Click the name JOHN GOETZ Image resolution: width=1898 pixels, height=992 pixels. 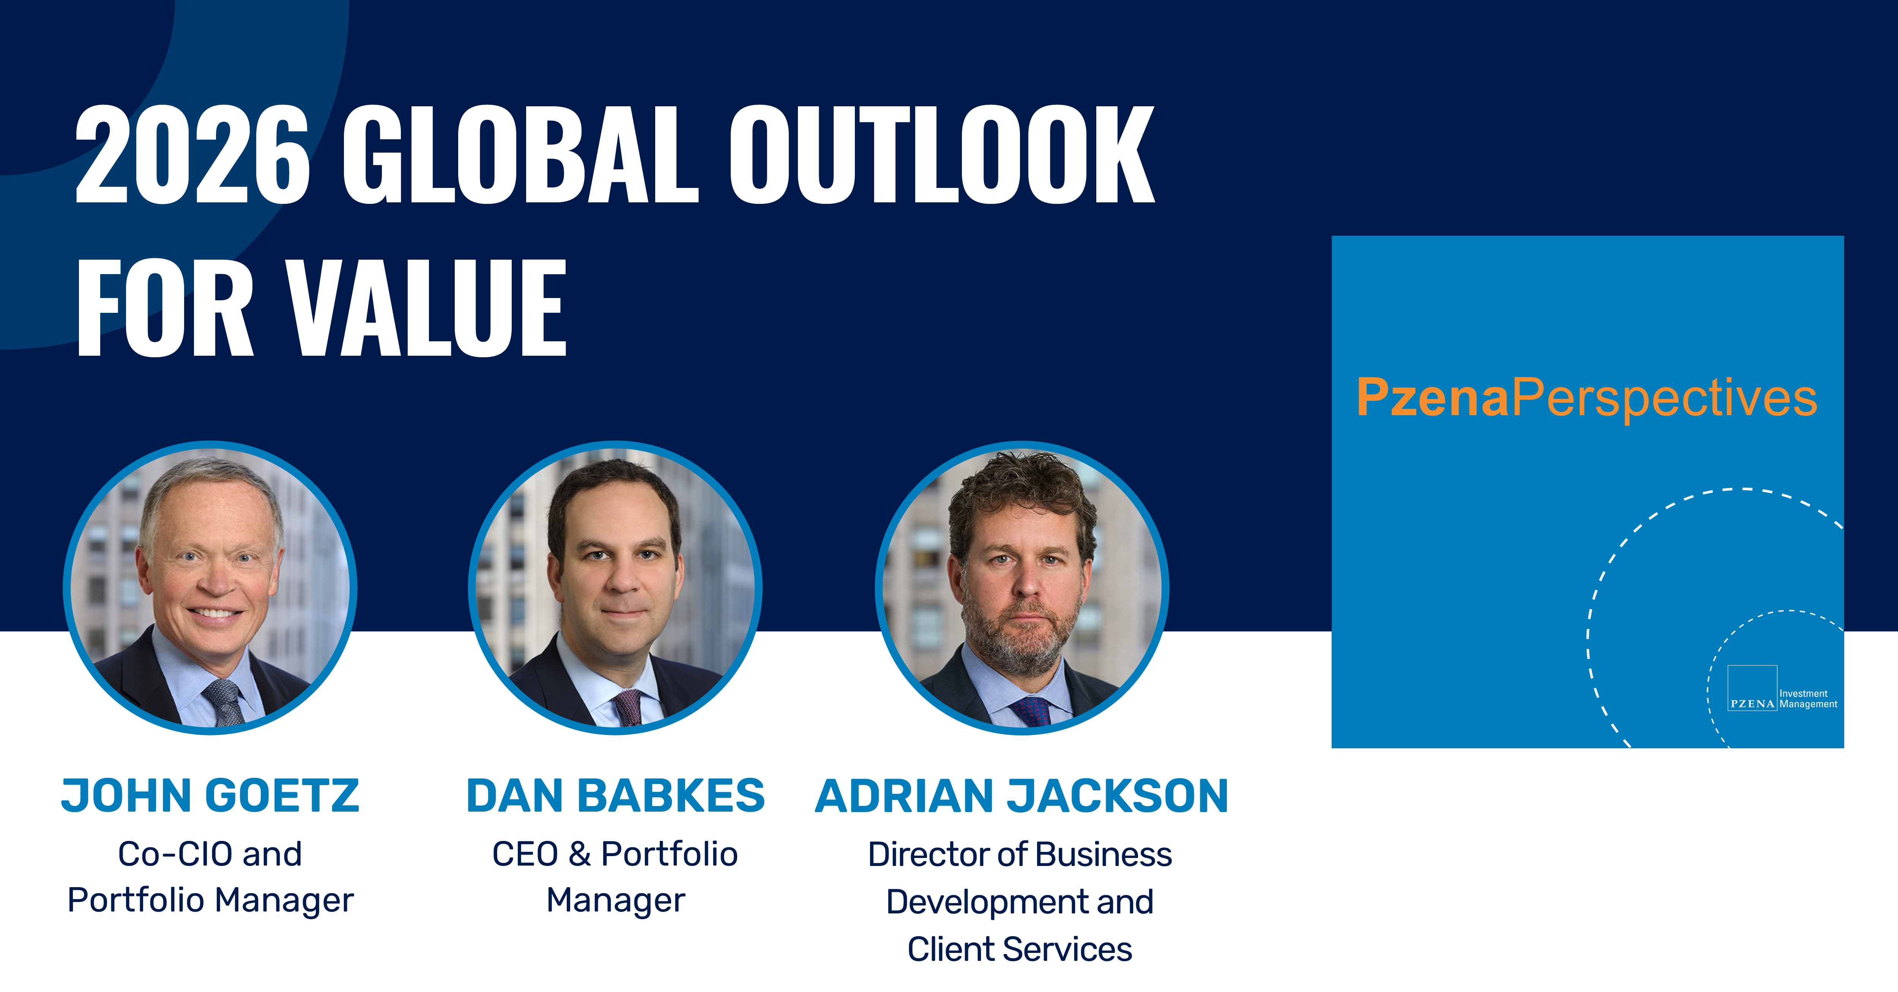point(210,796)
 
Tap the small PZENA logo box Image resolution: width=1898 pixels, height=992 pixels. point(1752,688)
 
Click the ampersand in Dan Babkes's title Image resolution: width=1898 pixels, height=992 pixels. point(580,854)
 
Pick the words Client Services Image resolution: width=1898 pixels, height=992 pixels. point(1020,949)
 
